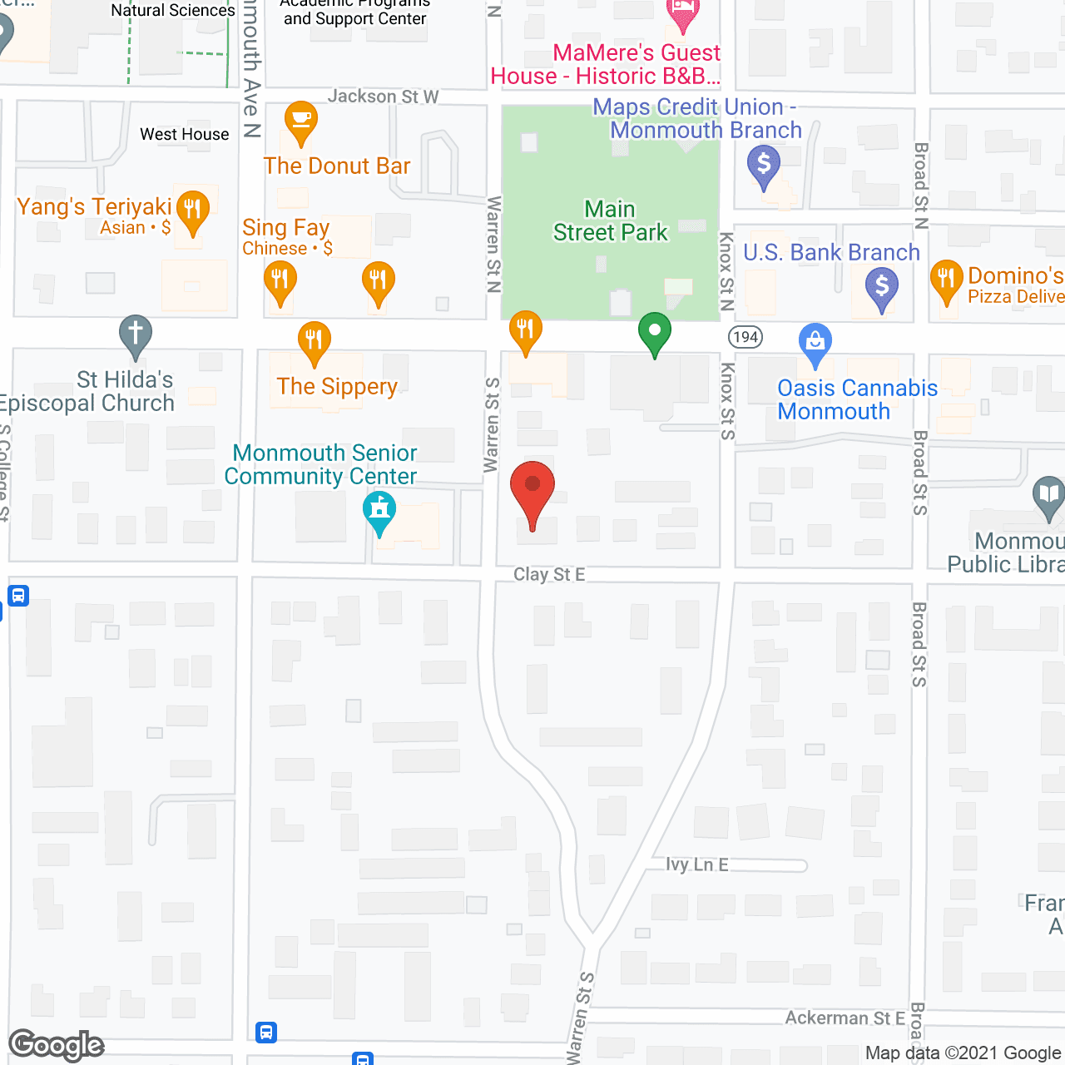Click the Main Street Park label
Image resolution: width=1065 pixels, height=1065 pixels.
(x=610, y=220)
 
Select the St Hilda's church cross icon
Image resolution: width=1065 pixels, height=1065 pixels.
(x=135, y=334)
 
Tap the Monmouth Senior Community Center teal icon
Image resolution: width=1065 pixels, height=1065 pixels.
(x=379, y=510)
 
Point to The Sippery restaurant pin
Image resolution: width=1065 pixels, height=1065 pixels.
(x=314, y=340)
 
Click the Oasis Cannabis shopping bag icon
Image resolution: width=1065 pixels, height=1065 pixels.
(x=815, y=342)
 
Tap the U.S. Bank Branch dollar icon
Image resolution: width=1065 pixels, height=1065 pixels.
(x=882, y=287)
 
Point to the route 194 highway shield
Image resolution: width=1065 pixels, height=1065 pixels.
(x=745, y=337)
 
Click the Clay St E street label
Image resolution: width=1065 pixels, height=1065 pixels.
(x=549, y=574)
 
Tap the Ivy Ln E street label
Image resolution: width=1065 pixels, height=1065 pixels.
(x=697, y=864)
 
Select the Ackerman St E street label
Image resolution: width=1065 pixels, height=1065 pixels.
(x=845, y=1018)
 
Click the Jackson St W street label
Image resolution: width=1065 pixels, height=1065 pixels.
(x=383, y=97)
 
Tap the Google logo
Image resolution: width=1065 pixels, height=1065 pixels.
(x=57, y=1045)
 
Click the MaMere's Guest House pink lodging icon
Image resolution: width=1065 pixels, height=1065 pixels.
(x=682, y=12)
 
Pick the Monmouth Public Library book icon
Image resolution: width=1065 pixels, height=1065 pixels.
(x=1048, y=496)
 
